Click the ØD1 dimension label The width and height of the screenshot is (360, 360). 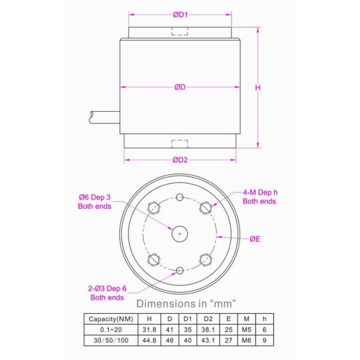click(x=180, y=15)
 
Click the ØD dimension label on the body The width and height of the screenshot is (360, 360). click(x=180, y=88)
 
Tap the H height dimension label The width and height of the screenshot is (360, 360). click(x=258, y=88)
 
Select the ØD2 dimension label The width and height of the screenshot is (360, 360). click(x=180, y=160)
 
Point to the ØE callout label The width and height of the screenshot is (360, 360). click(x=256, y=238)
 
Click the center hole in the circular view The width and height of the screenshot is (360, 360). click(x=180, y=233)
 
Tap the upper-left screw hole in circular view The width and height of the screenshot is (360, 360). click(x=154, y=208)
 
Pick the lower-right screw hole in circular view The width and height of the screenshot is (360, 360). click(x=206, y=259)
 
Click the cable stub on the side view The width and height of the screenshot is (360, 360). click(x=103, y=116)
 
